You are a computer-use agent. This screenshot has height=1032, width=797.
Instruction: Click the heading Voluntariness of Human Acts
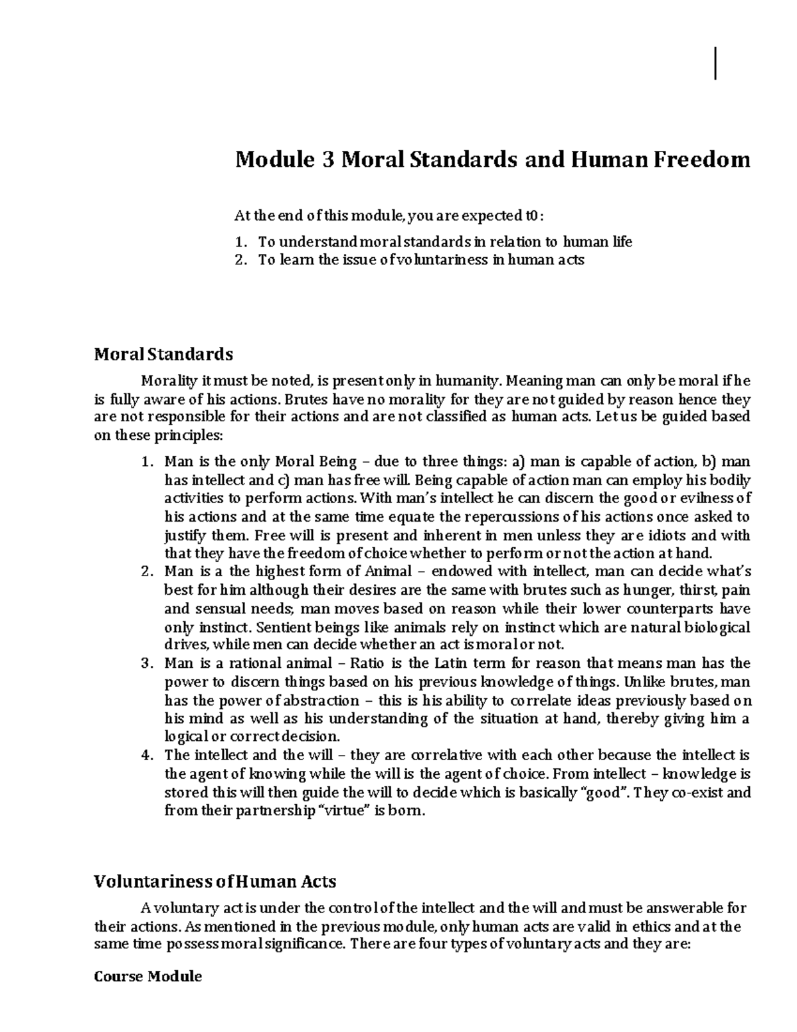click(215, 881)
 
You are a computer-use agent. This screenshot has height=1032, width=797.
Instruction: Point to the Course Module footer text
click(148, 976)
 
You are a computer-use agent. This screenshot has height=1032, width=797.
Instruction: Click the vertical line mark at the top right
click(715, 64)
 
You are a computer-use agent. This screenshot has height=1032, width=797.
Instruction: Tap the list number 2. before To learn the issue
click(241, 260)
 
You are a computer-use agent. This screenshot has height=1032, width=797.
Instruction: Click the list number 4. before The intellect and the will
click(147, 756)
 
